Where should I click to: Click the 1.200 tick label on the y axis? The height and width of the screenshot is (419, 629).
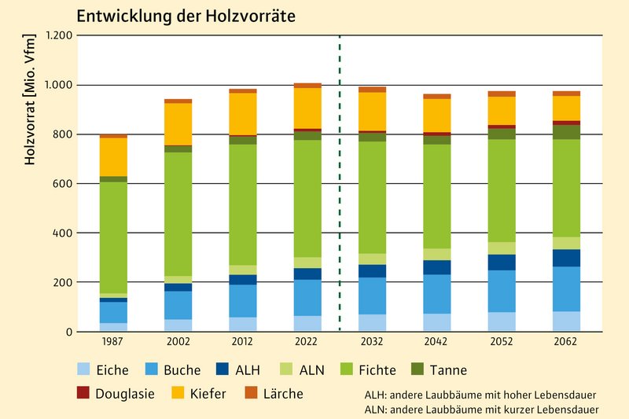click(x=59, y=35)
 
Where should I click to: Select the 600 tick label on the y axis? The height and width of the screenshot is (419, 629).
click(x=64, y=184)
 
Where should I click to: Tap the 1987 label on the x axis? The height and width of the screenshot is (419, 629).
click(x=113, y=343)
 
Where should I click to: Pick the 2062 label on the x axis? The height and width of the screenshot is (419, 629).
click(x=565, y=343)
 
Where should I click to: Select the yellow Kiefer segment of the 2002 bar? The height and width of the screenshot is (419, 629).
click(x=178, y=123)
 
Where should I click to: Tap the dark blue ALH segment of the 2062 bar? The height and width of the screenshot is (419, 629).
click(x=565, y=258)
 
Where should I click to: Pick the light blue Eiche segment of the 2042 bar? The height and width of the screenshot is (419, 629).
click(x=436, y=322)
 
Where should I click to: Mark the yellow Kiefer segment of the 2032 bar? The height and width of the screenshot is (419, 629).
click(x=372, y=111)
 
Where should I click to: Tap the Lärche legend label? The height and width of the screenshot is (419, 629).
click(x=279, y=394)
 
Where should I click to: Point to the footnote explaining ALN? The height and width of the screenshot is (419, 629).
click(x=481, y=410)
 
